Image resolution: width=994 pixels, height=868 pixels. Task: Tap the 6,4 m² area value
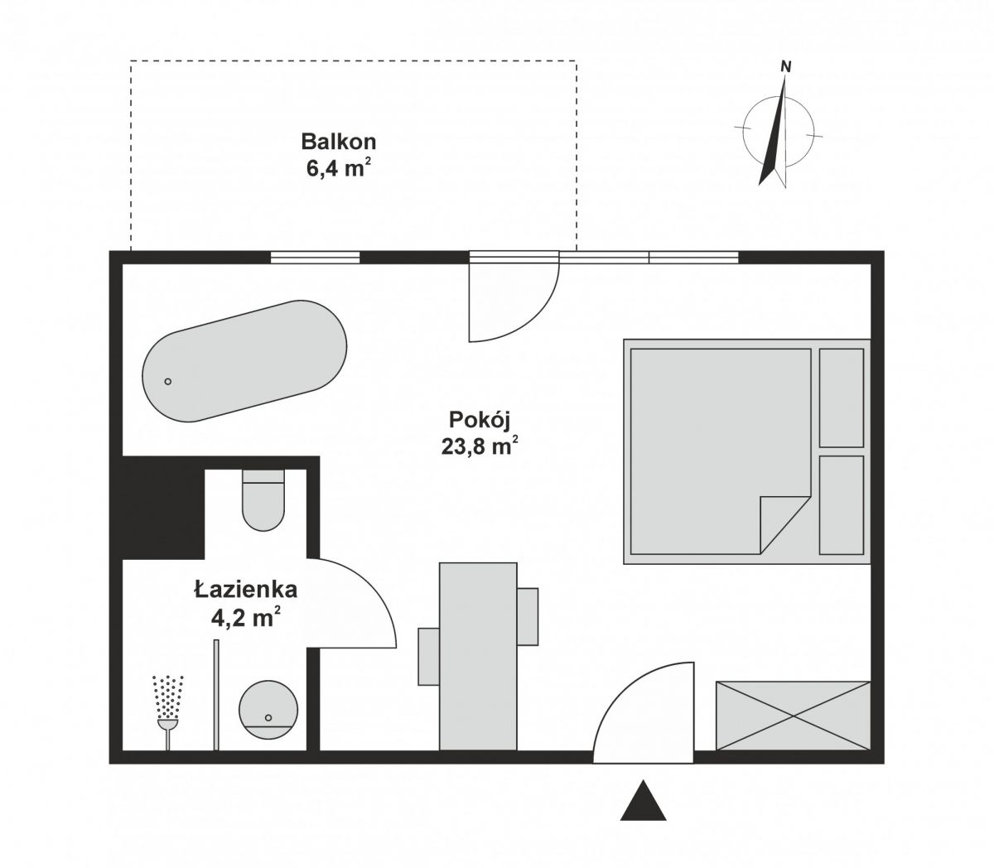[335, 168]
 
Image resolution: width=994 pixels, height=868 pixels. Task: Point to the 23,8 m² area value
[480, 446]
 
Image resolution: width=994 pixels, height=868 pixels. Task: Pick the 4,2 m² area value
[245, 619]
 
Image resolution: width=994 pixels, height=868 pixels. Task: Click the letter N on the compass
[785, 67]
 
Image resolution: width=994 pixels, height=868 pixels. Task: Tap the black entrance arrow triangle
[644, 802]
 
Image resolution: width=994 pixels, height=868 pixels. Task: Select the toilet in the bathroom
[263, 500]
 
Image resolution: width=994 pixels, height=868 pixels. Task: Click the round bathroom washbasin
[268, 709]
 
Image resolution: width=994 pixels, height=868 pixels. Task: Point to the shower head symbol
[168, 704]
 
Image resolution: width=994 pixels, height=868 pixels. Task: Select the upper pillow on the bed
[841, 398]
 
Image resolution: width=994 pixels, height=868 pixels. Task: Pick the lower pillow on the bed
[841, 504]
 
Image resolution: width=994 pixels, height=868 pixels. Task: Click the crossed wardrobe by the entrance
[793, 716]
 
